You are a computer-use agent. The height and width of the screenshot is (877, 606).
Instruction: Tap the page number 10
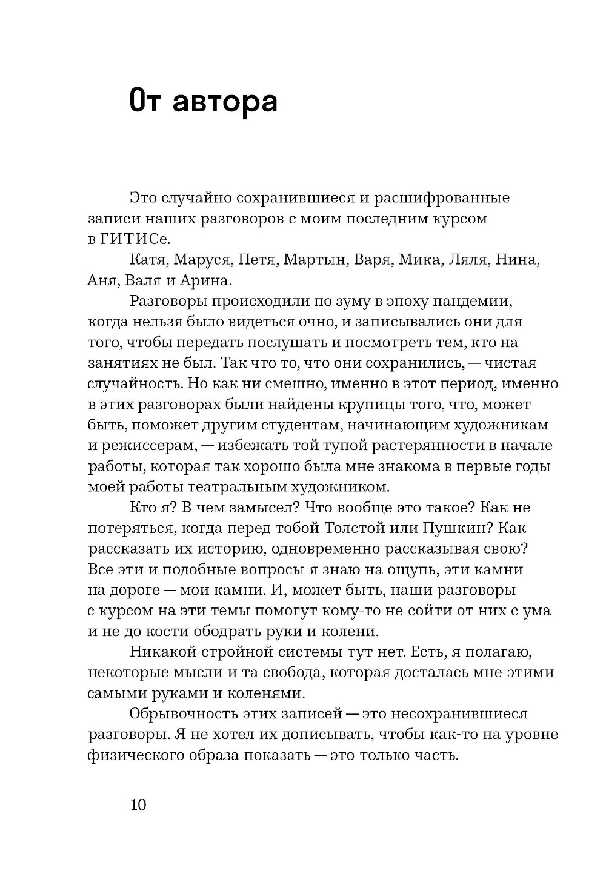click(x=138, y=804)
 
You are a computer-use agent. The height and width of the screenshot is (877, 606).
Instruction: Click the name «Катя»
click(x=148, y=260)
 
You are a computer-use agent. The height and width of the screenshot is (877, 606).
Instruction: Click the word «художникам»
click(x=496, y=425)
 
